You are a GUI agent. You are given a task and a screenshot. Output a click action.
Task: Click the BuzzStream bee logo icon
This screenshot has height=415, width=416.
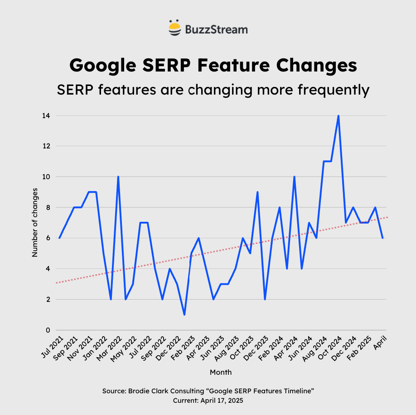pos(175,28)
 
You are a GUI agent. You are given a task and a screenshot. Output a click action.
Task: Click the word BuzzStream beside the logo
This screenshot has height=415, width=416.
pos(216,30)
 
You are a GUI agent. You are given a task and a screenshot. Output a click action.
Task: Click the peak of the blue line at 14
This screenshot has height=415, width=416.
pos(338,116)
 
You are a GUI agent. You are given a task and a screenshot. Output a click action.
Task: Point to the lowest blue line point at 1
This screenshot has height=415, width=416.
pos(184,315)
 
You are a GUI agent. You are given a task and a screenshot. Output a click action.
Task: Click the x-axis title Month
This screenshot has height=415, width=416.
pos(221,372)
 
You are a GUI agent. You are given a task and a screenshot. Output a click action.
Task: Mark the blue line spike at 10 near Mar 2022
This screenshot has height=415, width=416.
pos(118,177)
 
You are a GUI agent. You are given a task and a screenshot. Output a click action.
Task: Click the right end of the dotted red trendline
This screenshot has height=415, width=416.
pos(387,217)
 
